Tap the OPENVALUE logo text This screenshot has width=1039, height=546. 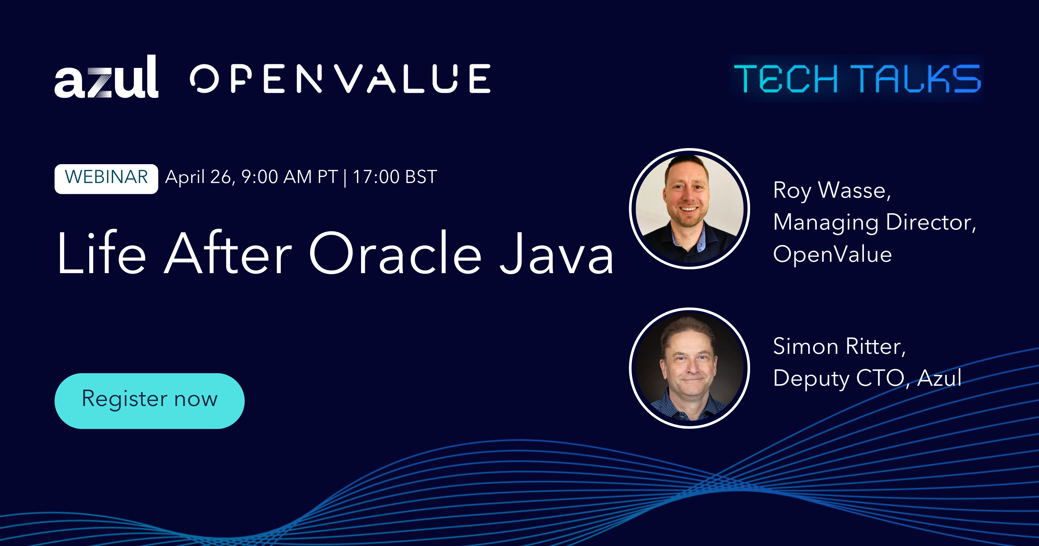340,79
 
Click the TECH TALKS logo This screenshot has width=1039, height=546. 857,79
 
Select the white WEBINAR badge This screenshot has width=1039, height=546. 106,178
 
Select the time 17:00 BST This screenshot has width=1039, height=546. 395,177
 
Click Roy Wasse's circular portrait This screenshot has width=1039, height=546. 689,208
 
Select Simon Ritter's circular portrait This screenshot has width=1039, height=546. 689,368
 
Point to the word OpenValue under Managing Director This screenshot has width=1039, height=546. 832,255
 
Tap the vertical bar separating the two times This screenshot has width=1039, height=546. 345,178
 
